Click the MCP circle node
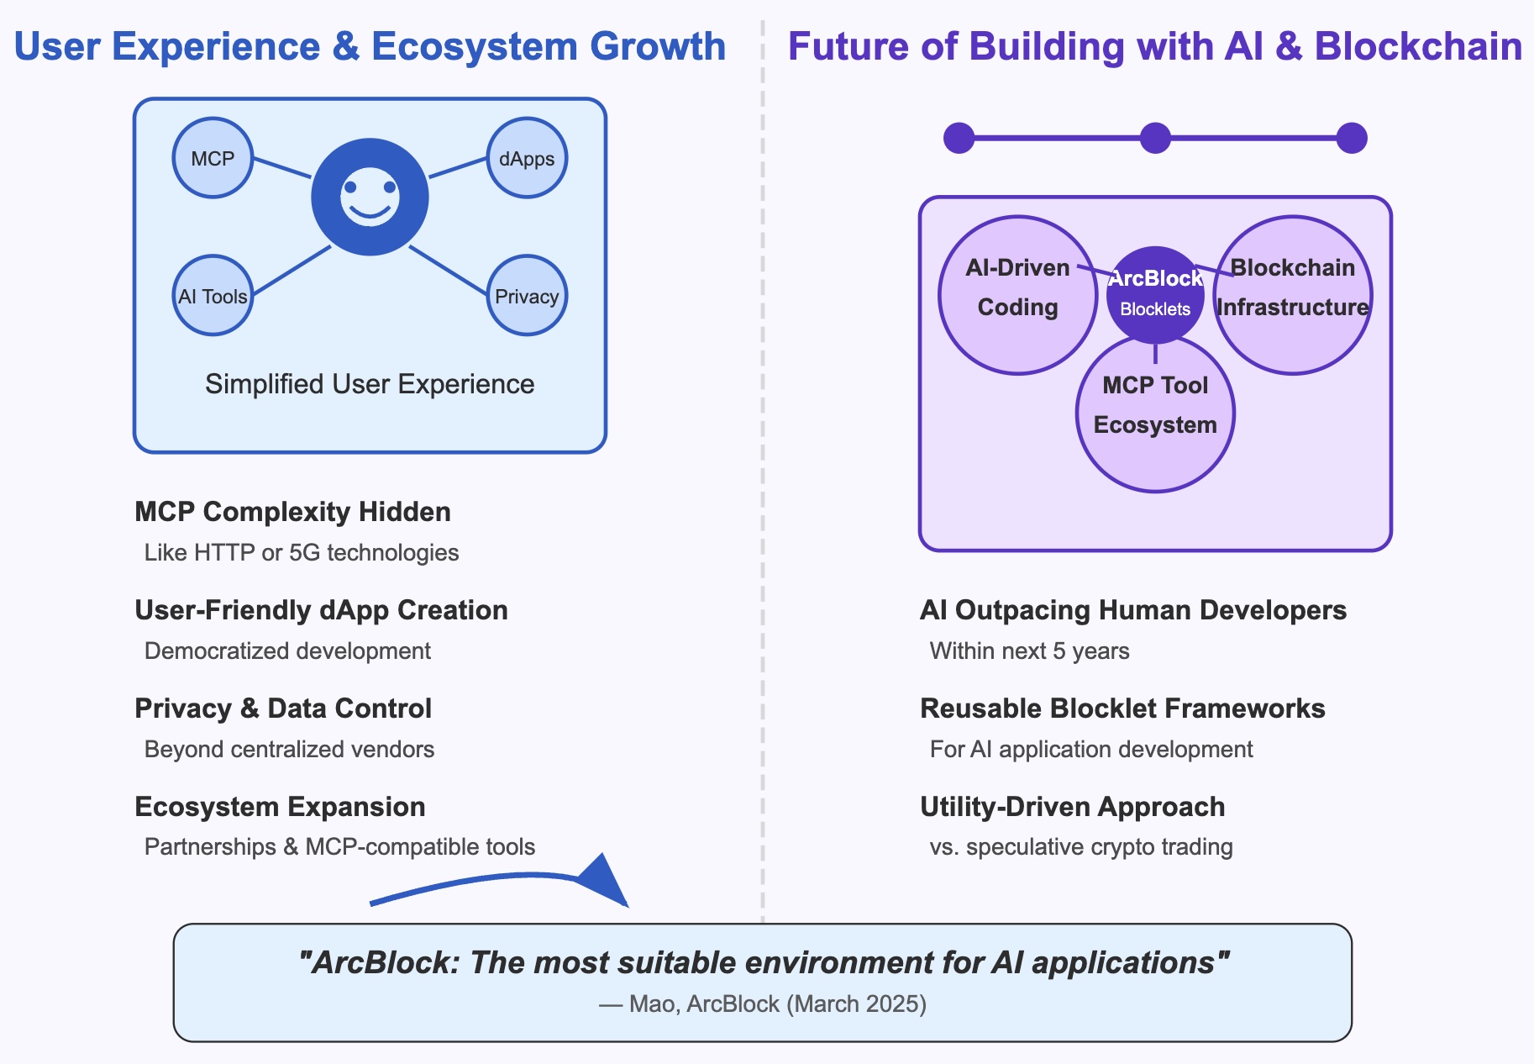coord(213,158)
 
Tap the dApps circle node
coord(527,158)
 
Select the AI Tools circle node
coord(213,296)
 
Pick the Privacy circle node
coord(527,296)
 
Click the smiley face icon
coord(370,197)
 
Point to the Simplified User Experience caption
coord(370,384)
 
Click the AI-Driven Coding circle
coord(1017,294)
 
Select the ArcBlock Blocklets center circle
coord(1155,294)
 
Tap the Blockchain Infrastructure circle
coord(1293,294)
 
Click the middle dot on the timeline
coord(1155,138)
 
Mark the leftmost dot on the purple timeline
coord(959,138)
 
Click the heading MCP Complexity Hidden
coord(292,512)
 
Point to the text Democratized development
coord(287,651)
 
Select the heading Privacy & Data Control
coord(283,708)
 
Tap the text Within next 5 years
coord(1029,651)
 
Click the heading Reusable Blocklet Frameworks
coord(1122,708)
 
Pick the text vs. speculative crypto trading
coord(1081,847)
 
